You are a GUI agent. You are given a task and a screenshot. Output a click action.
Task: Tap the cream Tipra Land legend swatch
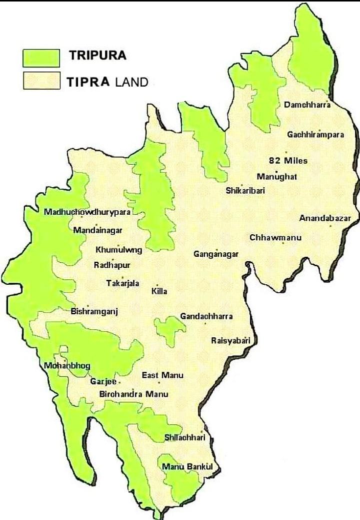click(x=41, y=81)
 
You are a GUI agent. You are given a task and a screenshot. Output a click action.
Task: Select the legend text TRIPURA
click(x=97, y=56)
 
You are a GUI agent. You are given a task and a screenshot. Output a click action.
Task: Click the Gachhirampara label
click(x=315, y=135)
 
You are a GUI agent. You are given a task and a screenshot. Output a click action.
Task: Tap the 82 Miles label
click(x=288, y=161)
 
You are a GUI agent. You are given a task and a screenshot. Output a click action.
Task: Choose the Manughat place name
click(x=277, y=177)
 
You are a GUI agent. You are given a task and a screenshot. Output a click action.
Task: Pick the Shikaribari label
click(x=245, y=190)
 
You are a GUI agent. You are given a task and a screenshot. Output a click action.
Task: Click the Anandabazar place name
click(x=325, y=218)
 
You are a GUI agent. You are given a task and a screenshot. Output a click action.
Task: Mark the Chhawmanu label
click(x=275, y=237)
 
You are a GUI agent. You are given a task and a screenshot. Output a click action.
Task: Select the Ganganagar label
click(x=216, y=254)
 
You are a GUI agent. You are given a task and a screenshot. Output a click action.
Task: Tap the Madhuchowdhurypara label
click(x=87, y=212)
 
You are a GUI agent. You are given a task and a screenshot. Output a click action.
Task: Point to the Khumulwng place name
click(x=118, y=249)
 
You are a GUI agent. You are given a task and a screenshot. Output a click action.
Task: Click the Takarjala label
click(x=122, y=283)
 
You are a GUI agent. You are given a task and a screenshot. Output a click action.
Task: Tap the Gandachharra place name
click(x=206, y=316)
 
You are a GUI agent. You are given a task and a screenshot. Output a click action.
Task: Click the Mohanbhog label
click(x=67, y=366)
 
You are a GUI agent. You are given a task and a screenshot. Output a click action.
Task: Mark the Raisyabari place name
click(x=230, y=341)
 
